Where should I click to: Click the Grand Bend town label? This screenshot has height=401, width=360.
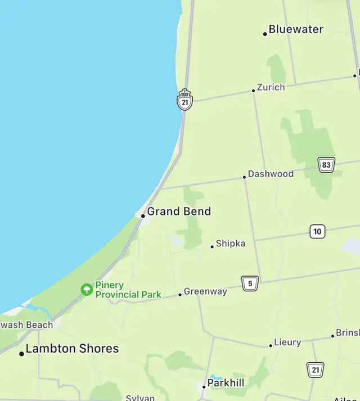(179, 211)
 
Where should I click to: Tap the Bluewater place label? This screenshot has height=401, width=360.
(296, 29)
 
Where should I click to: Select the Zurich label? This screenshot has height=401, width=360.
(271, 87)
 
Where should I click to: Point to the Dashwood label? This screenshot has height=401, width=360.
(271, 174)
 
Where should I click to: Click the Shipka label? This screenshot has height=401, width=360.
(231, 244)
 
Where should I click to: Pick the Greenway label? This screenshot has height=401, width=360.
(205, 291)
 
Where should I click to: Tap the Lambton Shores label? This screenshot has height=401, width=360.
(72, 349)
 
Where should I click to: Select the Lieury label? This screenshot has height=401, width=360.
(287, 342)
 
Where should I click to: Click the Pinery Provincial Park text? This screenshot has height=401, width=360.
(128, 290)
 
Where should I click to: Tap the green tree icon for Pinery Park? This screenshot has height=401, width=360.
(87, 290)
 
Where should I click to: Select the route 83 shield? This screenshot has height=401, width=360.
(326, 165)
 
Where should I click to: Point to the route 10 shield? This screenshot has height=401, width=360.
(317, 231)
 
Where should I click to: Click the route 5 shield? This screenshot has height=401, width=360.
(250, 283)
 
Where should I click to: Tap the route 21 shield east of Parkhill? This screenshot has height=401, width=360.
(316, 370)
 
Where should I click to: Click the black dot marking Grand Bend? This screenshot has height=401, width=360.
(143, 215)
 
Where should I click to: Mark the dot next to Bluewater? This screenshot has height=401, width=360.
(265, 34)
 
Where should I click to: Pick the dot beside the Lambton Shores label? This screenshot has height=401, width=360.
(21, 354)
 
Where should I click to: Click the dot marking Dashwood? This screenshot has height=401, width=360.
(244, 177)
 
